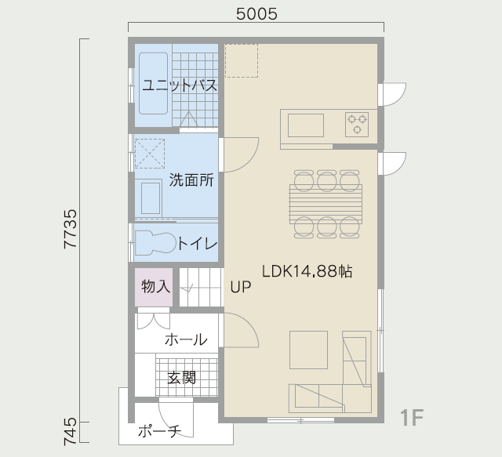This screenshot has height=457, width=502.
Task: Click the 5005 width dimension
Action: [x=256, y=14]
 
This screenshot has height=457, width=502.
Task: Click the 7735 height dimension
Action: [x=71, y=229]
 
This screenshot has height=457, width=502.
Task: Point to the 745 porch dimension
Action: [x=71, y=431]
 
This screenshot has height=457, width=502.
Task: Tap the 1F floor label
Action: [x=412, y=418]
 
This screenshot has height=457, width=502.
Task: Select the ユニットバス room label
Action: [x=180, y=85]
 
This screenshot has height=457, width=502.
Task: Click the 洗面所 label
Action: [x=191, y=180]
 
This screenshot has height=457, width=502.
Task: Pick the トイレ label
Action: [x=198, y=244]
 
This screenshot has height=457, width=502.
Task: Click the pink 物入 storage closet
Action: [x=154, y=287]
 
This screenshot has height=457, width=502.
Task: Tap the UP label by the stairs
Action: [x=241, y=287]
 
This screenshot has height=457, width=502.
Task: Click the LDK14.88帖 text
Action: [x=307, y=271]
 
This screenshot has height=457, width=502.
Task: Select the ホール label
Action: [x=186, y=339]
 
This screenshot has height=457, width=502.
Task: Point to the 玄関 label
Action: [x=181, y=378]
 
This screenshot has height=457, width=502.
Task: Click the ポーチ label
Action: [x=159, y=431]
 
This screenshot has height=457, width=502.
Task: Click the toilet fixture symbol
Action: [x=156, y=243]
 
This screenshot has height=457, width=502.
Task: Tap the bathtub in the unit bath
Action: [x=154, y=83]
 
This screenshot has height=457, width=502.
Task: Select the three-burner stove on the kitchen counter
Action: [x=357, y=124]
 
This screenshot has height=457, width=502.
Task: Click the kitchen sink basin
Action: [x=306, y=125]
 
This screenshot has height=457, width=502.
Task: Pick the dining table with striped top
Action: [x=326, y=204]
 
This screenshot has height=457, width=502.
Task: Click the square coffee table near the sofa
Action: [x=308, y=350]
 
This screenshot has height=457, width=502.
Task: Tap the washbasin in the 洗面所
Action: [x=151, y=198]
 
